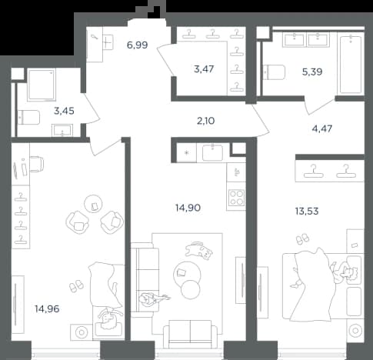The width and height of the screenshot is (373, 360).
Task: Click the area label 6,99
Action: [x=137, y=45]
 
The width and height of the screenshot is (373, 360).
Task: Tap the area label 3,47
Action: [x=204, y=69]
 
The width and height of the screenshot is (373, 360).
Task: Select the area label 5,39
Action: [x=312, y=72]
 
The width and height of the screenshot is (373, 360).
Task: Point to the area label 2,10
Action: [x=205, y=121]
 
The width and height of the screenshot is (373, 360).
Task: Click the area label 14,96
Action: [x=47, y=309]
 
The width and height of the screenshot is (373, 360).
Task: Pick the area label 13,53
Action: [x=307, y=212]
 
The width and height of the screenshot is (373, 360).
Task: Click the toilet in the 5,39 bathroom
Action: [x=275, y=72]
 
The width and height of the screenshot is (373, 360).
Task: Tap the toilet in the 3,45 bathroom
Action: [x=28, y=117]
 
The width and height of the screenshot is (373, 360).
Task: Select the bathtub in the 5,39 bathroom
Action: [x=351, y=65]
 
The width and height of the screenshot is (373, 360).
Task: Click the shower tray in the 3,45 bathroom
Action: [x=42, y=84]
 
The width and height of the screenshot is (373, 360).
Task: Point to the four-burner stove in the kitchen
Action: [x=236, y=198]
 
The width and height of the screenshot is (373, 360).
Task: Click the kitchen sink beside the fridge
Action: [x=212, y=152]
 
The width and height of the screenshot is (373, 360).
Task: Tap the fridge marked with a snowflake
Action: [x=187, y=152]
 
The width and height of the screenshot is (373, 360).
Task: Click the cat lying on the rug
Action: [x=200, y=250]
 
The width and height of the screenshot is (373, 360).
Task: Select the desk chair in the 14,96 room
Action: [x=37, y=164]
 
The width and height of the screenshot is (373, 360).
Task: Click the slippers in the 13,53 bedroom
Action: [x=303, y=238]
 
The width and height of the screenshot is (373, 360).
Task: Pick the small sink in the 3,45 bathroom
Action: [x=62, y=130]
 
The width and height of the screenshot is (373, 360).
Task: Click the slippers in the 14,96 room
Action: [x=76, y=286]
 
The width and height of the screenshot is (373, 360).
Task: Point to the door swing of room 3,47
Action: [x=165, y=59]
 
